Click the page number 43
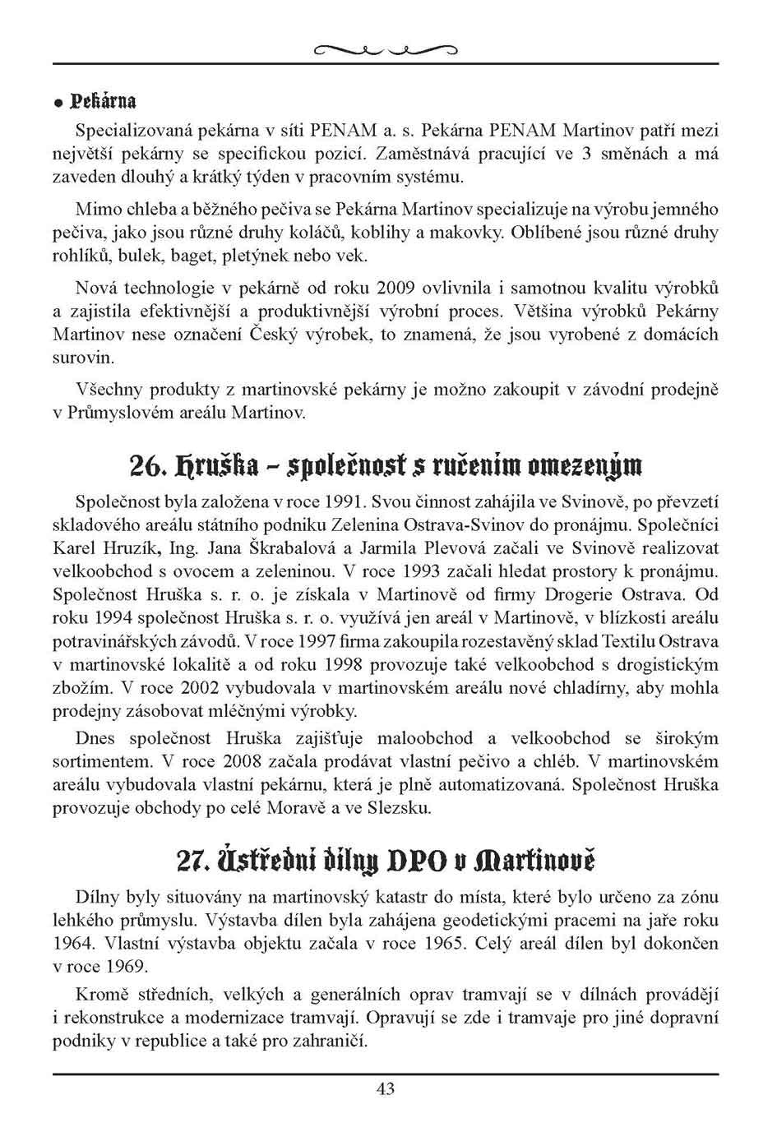386,1089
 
